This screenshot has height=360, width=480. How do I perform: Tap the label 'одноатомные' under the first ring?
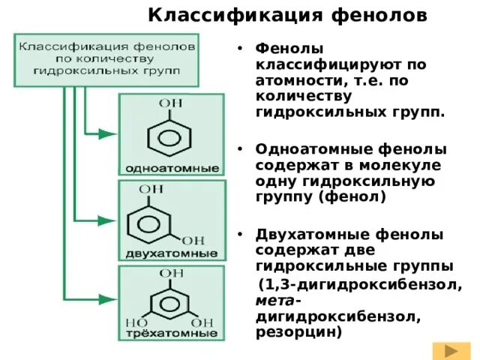coord(172,166)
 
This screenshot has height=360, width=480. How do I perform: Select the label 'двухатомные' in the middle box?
coord(172,251)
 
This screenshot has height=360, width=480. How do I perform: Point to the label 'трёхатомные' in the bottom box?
coord(172,331)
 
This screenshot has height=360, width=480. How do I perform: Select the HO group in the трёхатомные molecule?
coord(136,319)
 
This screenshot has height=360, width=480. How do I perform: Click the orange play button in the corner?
coord(451,350)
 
